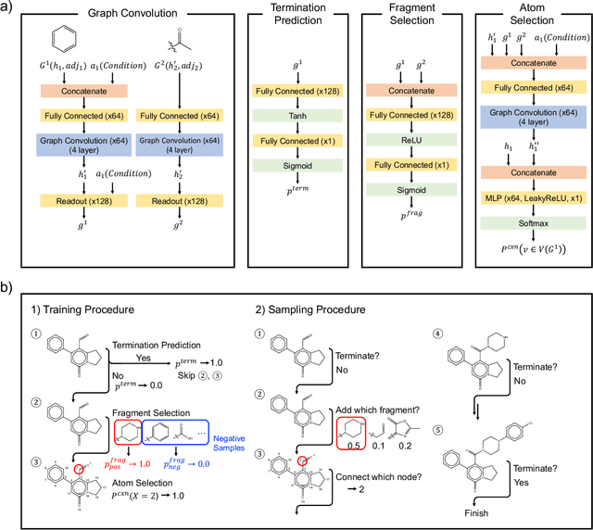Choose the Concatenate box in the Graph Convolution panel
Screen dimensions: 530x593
79,94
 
